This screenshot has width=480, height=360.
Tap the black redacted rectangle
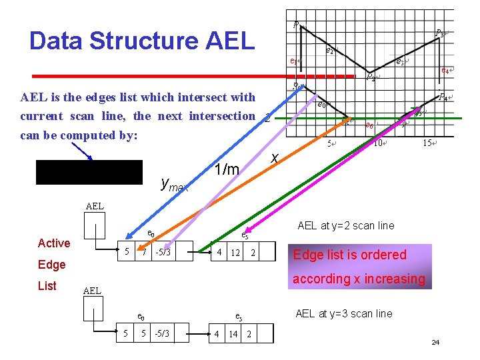pos(90,172)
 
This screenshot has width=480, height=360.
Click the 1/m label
pos(227,171)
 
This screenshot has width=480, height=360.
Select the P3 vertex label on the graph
pos(439,32)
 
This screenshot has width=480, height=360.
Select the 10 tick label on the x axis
pos(378,143)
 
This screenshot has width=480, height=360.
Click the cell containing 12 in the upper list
pos(235,252)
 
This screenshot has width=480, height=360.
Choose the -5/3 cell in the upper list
pos(163,252)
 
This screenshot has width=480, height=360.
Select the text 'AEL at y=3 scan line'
pos(344,313)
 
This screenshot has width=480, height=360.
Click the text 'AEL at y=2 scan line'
pos(346,225)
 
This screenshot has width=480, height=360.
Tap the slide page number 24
pos(435,343)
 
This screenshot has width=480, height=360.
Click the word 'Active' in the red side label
pos(54,243)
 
